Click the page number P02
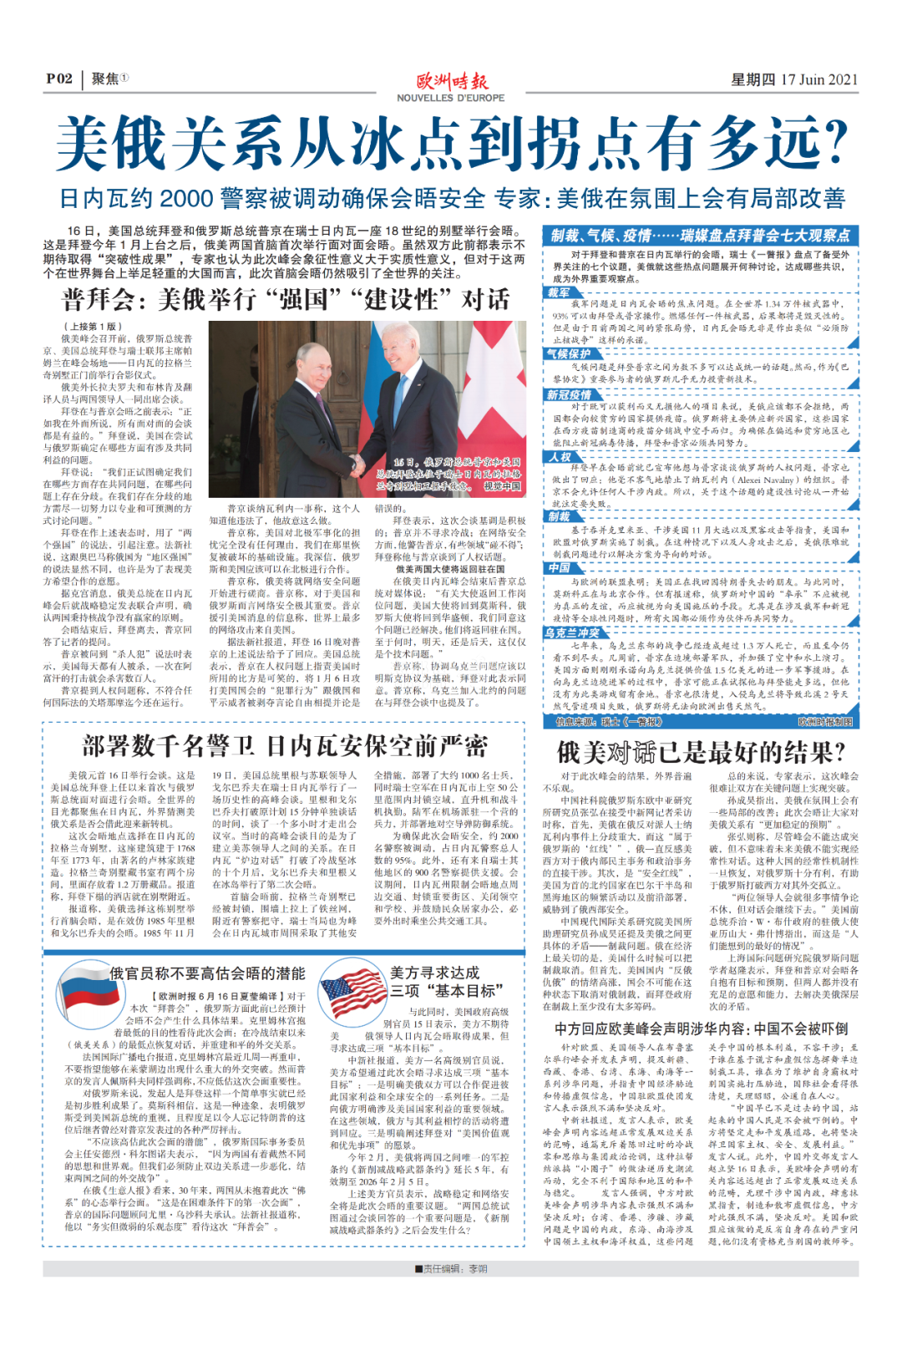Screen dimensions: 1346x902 (59, 79)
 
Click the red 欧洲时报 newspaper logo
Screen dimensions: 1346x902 (452, 82)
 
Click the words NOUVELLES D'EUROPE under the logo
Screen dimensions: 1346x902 (451, 98)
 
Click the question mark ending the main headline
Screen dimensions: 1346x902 (832, 144)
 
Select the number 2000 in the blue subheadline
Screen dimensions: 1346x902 (185, 199)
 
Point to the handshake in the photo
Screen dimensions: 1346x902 (357, 463)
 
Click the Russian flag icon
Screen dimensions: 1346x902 (83, 992)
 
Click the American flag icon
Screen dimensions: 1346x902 (353, 991)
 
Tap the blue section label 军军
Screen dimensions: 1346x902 (559, 293)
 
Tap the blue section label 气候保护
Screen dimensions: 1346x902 (569, 353)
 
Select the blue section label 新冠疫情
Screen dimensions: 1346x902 (569, 394)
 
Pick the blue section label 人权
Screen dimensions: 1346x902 (560, 456)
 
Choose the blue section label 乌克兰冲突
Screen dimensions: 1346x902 (572, 632)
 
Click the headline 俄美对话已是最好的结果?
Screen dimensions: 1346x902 (701, 752)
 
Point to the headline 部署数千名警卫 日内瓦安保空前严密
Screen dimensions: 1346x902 (284, 746)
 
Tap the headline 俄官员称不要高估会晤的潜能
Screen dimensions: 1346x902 (207, 973)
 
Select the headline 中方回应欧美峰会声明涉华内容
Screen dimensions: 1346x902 (701, 1029)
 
